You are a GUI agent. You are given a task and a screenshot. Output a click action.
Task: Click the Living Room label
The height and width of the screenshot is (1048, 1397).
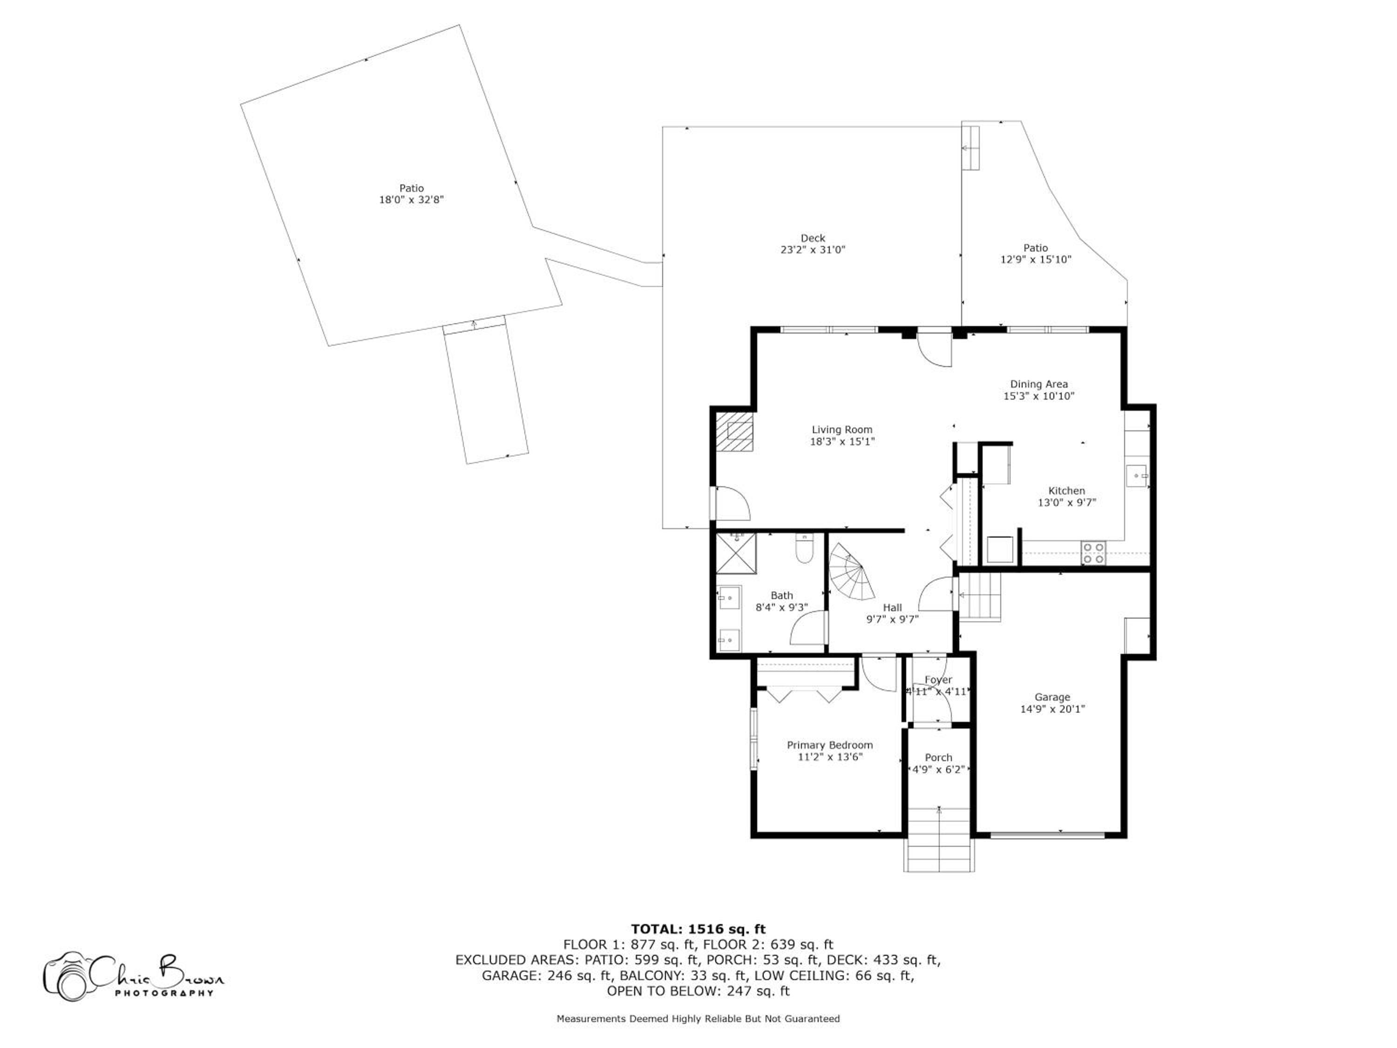coord(842,429)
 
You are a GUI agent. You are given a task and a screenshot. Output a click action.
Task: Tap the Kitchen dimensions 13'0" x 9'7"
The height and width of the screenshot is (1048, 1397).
coord(1067,503)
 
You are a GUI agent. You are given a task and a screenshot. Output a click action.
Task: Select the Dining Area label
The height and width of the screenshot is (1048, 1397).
coord(1039,384)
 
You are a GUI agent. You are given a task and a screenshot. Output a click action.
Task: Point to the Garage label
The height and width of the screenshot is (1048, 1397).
coord(1052,697)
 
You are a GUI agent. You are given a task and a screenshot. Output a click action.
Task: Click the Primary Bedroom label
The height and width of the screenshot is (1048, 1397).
coord(830,745)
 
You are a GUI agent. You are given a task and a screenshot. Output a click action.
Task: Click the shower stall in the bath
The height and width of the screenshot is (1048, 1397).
coord(736,553)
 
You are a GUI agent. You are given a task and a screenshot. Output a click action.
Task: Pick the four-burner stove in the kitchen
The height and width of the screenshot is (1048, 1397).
coord(1093,553)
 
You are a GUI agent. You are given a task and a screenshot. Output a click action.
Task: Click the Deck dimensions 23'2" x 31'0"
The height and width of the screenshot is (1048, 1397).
coord(813,250)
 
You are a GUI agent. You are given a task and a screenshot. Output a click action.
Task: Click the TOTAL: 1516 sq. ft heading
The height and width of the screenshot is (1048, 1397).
coord(698,929)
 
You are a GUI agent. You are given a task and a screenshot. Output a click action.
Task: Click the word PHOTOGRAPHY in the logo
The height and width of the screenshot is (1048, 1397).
coord(164,993)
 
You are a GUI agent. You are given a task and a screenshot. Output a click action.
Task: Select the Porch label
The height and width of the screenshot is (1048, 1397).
coord(938,757)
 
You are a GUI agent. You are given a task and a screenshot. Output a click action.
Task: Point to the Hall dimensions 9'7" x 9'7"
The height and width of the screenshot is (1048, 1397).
coord(892,619)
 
